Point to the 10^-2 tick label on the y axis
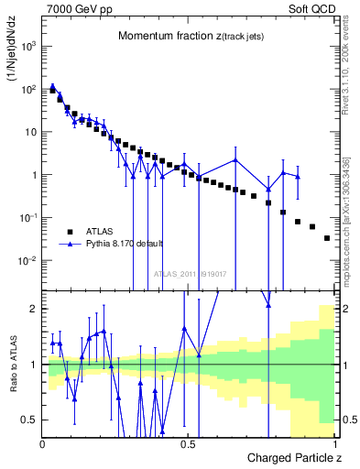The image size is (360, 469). coord(27,260)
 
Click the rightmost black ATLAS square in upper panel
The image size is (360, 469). coord(327,238)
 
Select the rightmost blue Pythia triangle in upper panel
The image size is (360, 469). coord(298,176)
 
